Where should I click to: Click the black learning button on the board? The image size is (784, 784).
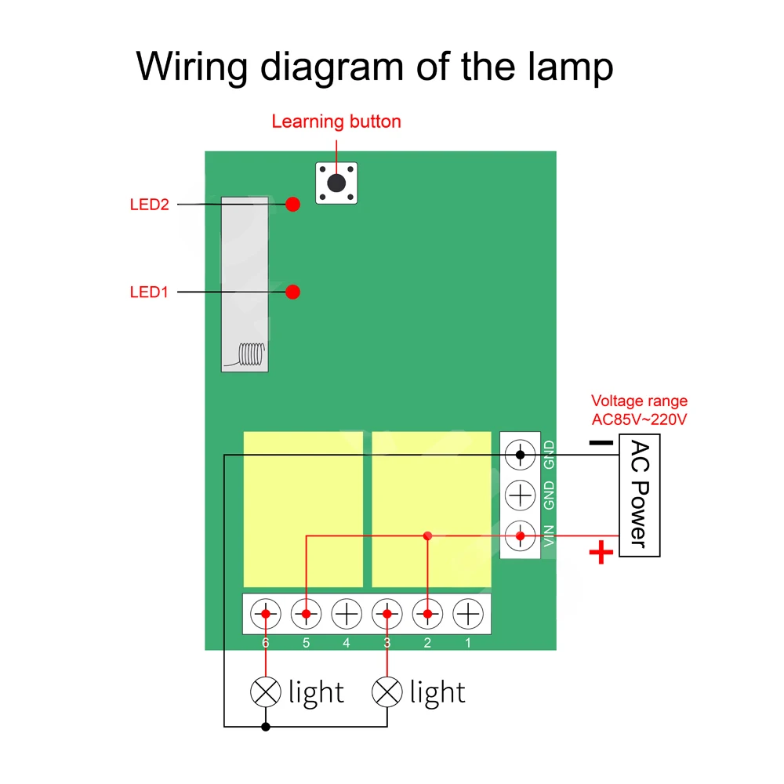click(x=336, y=183)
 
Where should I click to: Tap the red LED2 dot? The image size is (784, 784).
click(x=293, y=205)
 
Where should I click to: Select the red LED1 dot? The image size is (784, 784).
click(x=293, y=292)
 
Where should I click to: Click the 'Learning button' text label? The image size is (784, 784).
click(x=336, y=122)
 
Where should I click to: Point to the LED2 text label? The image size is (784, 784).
click(x=149, y=205)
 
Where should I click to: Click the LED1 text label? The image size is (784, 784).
click(x=149, y=292)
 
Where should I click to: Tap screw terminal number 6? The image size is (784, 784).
click(x=266, y=613)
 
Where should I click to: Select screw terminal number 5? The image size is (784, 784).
click(x=306, y=613)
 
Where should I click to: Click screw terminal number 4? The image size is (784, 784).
click(x=347, y=613)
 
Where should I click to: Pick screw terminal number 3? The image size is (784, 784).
click(x=387, y=613)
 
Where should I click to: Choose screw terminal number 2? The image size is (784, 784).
click(x=427, y=613)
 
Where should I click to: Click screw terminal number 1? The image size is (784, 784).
click(x=467, y=613)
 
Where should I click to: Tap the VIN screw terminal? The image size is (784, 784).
click(x=520, y=536)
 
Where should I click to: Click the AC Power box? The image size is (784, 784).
click(x=640, y=496)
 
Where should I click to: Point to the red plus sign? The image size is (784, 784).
click(x=601, y=554)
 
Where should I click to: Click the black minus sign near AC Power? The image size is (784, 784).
click(x=601, y=443)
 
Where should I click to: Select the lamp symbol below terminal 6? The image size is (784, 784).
click(x=266, y=691)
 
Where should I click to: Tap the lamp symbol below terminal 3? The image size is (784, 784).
click(x=387, y=691)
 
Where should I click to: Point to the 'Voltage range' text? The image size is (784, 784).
click(x=639, y=401)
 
